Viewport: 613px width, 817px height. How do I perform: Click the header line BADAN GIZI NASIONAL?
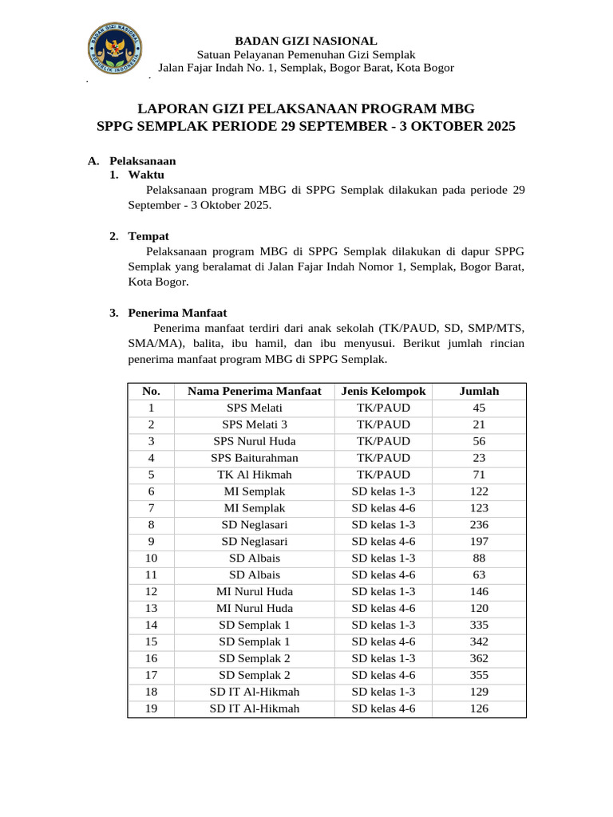pyautogui.click(x=306, y=41)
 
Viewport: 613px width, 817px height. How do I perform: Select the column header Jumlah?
pyautogui.click(x=479, y=391)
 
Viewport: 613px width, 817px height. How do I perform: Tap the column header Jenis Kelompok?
pyautogui.click(x=383, y=391)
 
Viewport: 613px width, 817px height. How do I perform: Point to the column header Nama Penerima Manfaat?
pyautogui.click(x=255, y=391)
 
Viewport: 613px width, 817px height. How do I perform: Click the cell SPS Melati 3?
pyautogui.click(x=255, y=424)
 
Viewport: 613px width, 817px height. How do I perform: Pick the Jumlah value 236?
pyautogui.click(x=479, y=525)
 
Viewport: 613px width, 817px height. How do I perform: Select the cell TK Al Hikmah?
pyautogui.click(x=255, y=475)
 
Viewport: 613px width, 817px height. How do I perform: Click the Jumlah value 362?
pyautogui.click(x=479, y=659)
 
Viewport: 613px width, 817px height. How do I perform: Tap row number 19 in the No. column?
pyautogui.click(x=151, y=708)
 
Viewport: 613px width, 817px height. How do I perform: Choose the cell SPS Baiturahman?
pyautogui.click(x=255, y=458)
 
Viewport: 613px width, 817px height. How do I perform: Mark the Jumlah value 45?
pyautogui.click(x=479, y=408)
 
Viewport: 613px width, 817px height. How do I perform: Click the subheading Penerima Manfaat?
pyautogui.click(x=177, y=314)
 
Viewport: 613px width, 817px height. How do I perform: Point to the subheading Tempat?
pyautogui.click(x=148, y=236)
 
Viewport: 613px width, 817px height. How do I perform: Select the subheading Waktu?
pyautogui.click(x=146, y=175)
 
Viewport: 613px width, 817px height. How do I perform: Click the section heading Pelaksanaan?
pyautogui.click(x=142, y=161)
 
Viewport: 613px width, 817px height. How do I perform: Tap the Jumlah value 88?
pyautogui.click(x=479, y=558)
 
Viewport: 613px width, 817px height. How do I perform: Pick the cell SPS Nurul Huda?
pyautogui.click(x=255, y=441)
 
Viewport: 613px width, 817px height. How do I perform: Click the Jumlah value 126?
pyautogui.click(x=479, y=708)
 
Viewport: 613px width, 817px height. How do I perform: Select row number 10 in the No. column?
pyautogui.click(x=151, y=558)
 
